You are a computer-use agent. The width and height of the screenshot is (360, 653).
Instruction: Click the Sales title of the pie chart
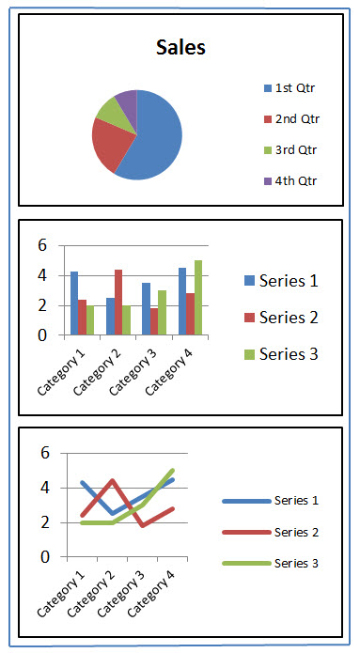click(x=180, y=48)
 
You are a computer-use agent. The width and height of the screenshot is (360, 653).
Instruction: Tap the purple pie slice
click(x=127, y=99)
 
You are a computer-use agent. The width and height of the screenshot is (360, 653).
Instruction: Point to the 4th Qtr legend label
click(x=294, y=181)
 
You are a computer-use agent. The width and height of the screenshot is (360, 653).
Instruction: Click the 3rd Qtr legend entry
click(x=294, y=150)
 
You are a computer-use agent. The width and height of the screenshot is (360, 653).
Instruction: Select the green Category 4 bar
click(x=198, y=297)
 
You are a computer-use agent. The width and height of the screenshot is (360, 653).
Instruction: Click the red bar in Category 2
click(x=118, y=302)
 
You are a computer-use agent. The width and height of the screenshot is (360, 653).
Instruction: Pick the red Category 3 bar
click(x=154, y=320)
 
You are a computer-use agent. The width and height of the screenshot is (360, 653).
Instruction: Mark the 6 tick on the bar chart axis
click(x=42, y=245)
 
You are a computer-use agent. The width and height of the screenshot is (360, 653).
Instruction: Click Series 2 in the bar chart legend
click(x=289, y=317)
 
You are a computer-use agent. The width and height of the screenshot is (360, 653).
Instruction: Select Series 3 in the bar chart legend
click(x=289, y=353)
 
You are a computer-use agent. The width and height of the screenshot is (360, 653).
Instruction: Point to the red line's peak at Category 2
click(x=112, y=481)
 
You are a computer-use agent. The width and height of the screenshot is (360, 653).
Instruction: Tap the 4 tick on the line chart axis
click(x=44, y=488)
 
